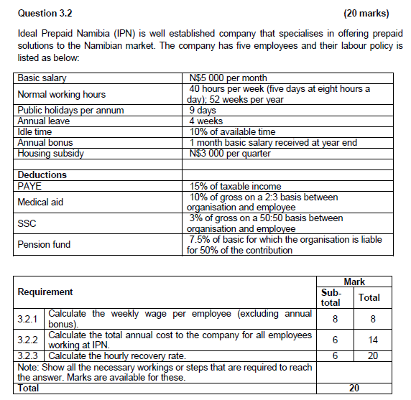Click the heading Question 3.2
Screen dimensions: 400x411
tap(44, 13)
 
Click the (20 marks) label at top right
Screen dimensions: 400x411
tap(366, 13)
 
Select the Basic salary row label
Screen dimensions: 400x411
tap(39, 78)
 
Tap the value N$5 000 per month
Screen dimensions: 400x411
tap(226, 78)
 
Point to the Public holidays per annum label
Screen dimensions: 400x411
tap(70, 111)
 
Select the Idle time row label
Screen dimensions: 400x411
tap(34, 132)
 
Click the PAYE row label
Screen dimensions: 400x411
tap(29, 186)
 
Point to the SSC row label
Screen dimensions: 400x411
tap(27, 223)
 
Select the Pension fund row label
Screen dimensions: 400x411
tap(44, 244)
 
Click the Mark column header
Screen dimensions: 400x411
tap(354, 282)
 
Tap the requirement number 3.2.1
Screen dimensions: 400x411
tap(29, 318)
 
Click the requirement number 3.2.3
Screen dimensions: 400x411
tap(29, 355)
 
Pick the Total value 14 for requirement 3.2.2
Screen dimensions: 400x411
tap(369, 340)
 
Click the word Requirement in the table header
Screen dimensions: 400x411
tap(45, 292)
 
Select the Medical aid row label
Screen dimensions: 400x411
tap(40, 202)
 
